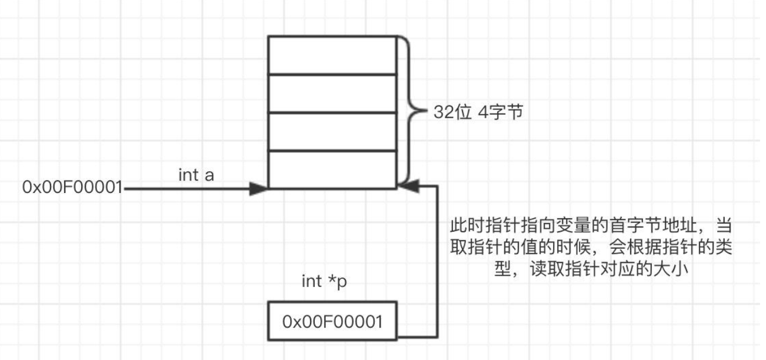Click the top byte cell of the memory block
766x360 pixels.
point(332,55)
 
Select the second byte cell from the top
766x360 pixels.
point(332,93)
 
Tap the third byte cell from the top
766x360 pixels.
point(332,132)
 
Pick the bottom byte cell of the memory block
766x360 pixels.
point(332,169)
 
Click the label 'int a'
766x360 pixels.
point(196,175)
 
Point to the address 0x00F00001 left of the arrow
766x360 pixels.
point(72,188)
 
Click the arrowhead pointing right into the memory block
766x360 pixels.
point(258,189)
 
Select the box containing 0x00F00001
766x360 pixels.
point(332,321)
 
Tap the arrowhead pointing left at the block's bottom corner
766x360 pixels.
point(407,186)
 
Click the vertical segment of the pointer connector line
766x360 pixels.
point(437,262)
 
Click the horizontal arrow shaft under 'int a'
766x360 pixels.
point(188,189)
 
